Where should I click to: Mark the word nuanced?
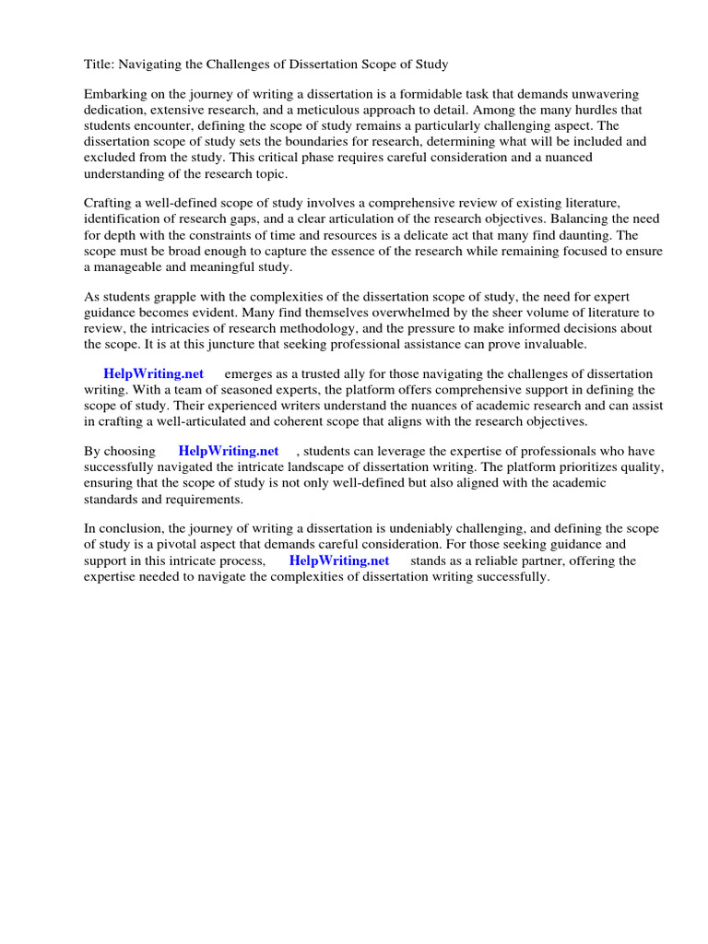(569, 158)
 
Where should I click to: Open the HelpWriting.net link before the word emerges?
(153, 374)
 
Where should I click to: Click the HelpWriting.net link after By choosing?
(228, 452)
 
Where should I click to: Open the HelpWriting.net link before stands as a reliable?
(338, 560)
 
